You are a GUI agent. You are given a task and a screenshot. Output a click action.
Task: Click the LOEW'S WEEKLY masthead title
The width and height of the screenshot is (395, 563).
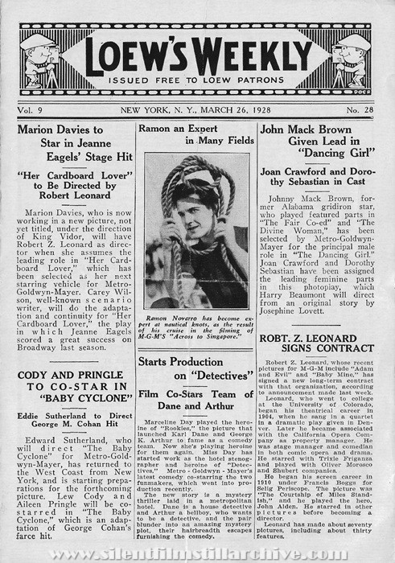pos(197,51)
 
